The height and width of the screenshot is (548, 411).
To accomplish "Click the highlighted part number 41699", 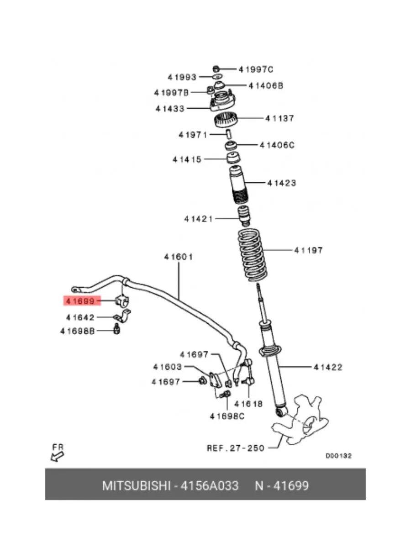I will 79,301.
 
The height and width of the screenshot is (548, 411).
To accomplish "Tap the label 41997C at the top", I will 256,69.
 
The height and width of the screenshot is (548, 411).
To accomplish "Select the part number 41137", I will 280,118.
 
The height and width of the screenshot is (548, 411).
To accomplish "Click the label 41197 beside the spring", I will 308,250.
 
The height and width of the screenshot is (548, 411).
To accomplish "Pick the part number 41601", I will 179,257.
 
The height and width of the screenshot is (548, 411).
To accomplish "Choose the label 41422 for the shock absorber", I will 328,367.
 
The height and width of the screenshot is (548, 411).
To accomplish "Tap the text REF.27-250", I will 236,448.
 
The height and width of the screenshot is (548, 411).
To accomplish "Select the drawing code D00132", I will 338,456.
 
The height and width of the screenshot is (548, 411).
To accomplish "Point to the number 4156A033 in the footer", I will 210,485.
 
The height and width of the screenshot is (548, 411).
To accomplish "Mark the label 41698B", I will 77,331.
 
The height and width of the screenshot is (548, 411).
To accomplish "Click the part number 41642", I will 80,317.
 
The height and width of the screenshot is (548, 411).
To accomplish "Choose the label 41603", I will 168,367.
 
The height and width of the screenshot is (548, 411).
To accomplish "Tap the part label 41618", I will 248,404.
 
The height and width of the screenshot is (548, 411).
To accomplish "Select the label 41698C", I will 227,416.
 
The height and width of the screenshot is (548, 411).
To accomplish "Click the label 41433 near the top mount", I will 169,109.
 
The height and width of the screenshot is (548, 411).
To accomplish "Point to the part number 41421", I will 199,219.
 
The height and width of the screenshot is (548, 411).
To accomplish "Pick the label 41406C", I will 277,145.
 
